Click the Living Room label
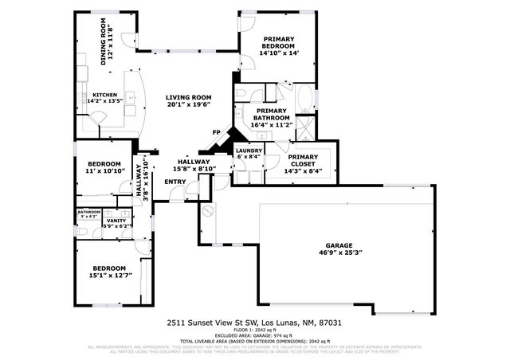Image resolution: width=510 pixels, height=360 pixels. point(189,98)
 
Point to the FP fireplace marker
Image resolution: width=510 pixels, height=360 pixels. point(216,132)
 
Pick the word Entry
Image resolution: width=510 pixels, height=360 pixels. point(175,182)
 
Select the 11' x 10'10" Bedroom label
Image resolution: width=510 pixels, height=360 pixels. point(103,167)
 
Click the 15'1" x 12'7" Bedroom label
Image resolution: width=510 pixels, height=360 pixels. point(108,272)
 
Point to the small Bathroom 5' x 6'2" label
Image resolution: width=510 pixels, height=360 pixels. point(88,214)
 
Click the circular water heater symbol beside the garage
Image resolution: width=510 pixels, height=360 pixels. point(208,212)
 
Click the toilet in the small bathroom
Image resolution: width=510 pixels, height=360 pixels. point(83,229)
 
